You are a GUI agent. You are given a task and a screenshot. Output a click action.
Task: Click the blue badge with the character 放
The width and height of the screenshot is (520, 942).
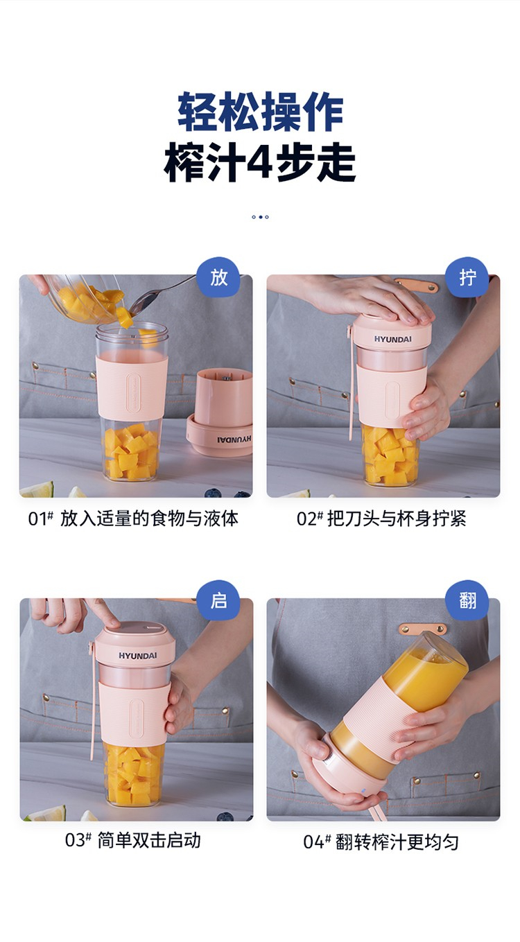point(218,277)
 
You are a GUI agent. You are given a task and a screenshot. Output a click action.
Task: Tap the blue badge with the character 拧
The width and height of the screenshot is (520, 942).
point(467,277)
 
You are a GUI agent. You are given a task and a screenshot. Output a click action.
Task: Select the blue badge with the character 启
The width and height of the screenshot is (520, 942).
point(218,600)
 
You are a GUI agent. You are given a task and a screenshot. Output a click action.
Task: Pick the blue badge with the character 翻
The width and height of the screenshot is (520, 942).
point(467,600)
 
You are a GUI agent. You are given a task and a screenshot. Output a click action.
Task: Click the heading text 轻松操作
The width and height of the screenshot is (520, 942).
point(261,112)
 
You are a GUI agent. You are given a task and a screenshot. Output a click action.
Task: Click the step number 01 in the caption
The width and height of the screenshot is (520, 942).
point(37,519)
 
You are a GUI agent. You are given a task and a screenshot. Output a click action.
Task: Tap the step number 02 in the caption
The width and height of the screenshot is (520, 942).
point(306,519)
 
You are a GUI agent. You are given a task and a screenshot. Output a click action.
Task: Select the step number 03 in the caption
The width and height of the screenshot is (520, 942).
point(74,840)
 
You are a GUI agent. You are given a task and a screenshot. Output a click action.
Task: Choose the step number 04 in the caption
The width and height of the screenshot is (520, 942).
point(313,842)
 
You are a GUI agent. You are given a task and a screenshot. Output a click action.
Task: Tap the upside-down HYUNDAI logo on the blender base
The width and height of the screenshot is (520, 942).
point(234,439)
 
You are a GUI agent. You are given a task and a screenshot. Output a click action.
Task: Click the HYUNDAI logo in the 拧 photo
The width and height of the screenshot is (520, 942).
point(392,339)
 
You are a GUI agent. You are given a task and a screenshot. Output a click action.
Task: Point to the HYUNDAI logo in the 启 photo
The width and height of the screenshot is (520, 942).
point(137,656)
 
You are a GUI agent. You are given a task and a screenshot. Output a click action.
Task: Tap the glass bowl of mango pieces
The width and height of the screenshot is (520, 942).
point(84,297)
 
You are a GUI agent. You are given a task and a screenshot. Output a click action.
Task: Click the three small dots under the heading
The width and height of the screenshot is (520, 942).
point(260,217)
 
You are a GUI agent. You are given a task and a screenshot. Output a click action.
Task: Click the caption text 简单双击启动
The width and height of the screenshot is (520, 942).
point(149,840)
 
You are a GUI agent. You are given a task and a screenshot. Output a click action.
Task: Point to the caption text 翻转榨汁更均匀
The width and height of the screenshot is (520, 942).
point(397,842)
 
